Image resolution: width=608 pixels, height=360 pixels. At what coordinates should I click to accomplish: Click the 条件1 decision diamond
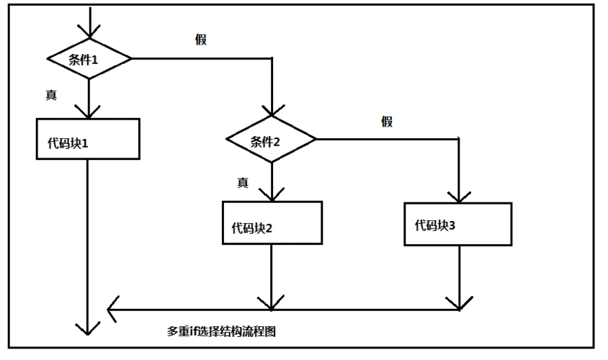89,59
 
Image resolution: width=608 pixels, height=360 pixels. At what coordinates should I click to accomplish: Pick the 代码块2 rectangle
272,224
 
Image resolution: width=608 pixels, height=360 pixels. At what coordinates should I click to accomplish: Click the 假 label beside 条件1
200,40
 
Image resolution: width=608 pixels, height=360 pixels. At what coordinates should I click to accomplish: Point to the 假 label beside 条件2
387,122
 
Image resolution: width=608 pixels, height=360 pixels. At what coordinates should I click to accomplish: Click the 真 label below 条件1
52,94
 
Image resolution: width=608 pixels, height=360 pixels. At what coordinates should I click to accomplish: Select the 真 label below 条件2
243,183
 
